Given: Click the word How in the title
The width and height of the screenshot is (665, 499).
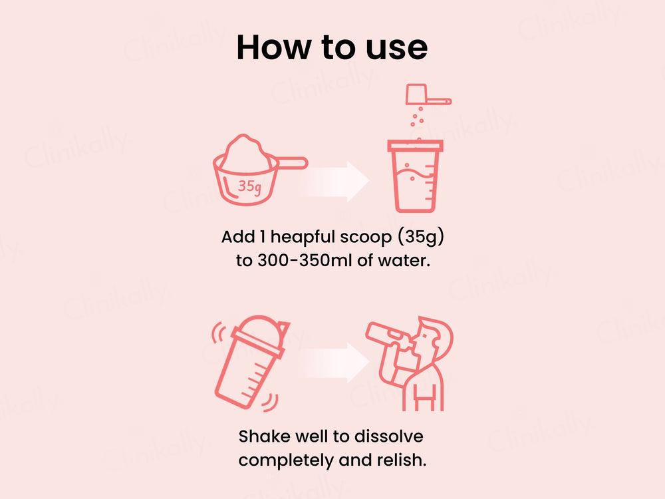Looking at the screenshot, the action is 273,47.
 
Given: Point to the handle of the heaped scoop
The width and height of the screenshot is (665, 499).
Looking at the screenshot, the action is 292,162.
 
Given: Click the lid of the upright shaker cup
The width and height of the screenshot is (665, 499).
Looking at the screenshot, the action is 415,146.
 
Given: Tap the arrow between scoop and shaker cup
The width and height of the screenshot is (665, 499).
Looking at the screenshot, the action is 334,181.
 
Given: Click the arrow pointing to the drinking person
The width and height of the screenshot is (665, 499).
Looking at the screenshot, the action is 334,363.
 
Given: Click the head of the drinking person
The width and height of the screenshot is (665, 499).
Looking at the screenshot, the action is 433,337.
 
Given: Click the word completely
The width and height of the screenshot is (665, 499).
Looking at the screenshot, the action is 286,460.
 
